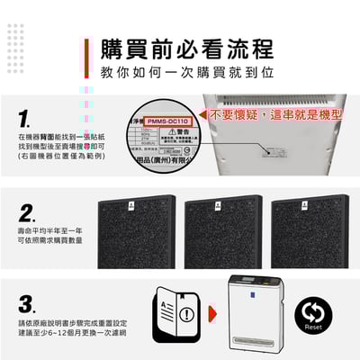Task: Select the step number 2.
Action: point(26,214)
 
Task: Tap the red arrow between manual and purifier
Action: point(211,314)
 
